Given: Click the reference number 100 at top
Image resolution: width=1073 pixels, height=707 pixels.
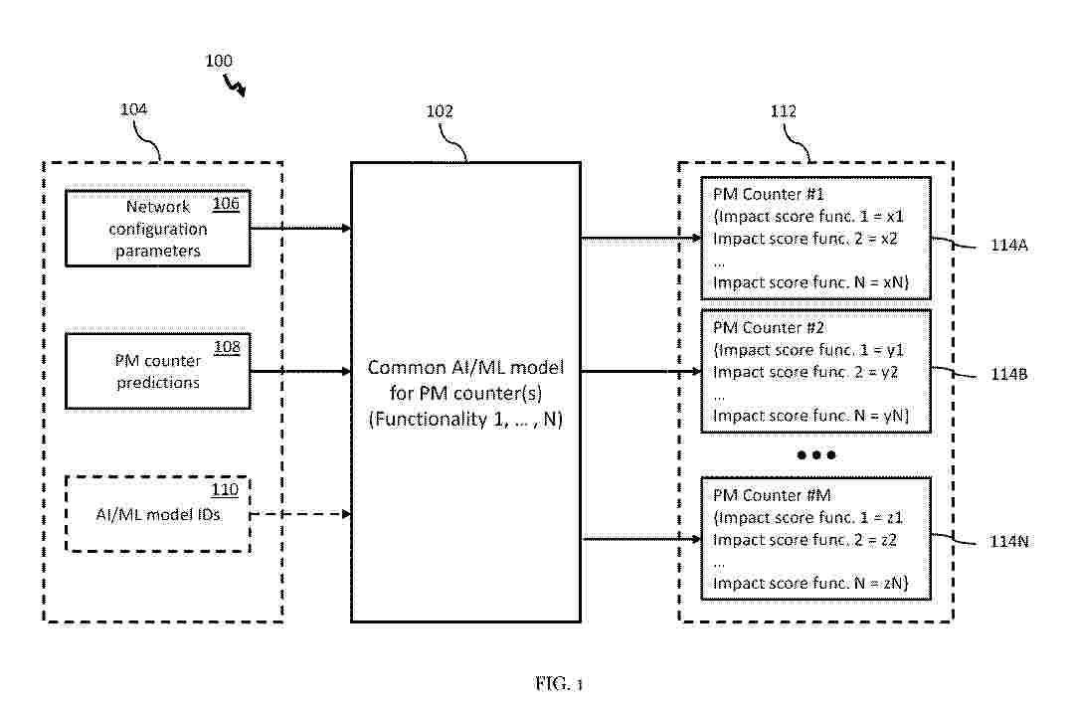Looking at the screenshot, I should click(x=219, y=61).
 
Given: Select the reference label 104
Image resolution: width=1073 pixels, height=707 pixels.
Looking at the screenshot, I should click(x=133, y=110).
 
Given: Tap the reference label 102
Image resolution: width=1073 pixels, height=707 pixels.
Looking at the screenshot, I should click(x=439, y=111).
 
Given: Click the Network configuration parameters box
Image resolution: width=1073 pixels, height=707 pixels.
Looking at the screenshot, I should click(x=157, y=229).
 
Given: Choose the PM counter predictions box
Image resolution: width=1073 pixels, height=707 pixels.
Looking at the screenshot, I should click(x=157, y=371).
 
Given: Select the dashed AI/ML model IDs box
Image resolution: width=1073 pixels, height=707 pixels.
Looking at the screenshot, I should click(x=157, y=514).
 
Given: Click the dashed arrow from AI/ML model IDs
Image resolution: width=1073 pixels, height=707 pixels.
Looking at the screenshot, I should click(x=299, y=514).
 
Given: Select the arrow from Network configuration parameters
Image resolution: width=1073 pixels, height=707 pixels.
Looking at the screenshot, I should click(x=299, y=229).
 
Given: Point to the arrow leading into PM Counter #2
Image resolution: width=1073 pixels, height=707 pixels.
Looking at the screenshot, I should click(x=640, y=371).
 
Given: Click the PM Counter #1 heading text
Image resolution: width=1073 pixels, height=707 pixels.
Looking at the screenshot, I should click(x=763, y=194).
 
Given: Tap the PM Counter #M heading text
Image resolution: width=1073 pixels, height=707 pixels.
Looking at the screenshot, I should click(x=764, y=494).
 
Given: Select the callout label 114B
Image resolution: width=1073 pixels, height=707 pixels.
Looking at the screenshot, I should click(x=1007, y=376).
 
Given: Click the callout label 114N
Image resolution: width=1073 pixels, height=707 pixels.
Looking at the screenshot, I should click(x=1007, y=543).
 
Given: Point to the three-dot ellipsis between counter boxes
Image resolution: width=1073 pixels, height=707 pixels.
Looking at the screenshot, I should click(x=816, y=454).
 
